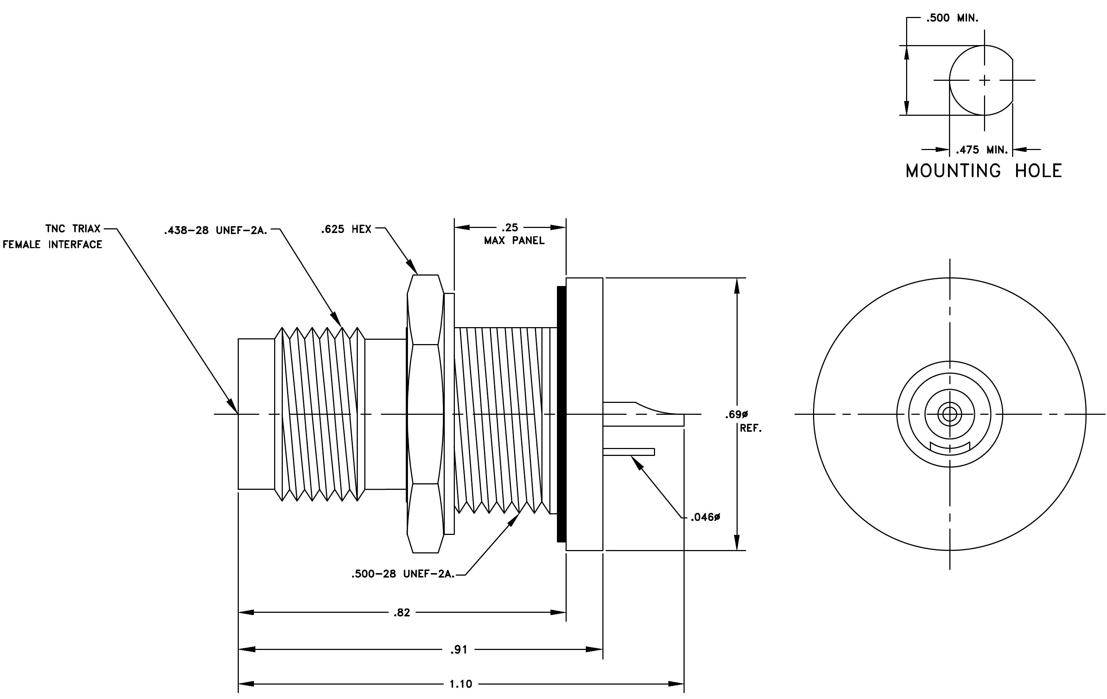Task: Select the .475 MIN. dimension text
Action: (x=982, y=150)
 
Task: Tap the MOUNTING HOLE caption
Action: (x=984, y=171)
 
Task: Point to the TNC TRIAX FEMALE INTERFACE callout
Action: (x=52, y=237)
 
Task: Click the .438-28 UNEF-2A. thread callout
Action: (x=216, y=230)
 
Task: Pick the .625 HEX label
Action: (x=346, y=229)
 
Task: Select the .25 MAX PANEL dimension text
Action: (x=514, y=234)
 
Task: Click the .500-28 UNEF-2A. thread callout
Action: (x=403, y=574)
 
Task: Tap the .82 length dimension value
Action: (x=402, y=612)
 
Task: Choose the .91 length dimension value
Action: (x=459, y=649)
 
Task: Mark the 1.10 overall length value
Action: (x=461, y=684)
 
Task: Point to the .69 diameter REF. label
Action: (x=743, y=421)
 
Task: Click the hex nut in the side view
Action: (x=425, y=414)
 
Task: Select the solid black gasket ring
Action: (x=561, y=414)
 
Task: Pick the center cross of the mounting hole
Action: (x=984, y=80)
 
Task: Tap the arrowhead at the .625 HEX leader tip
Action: (x=412, y=267)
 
